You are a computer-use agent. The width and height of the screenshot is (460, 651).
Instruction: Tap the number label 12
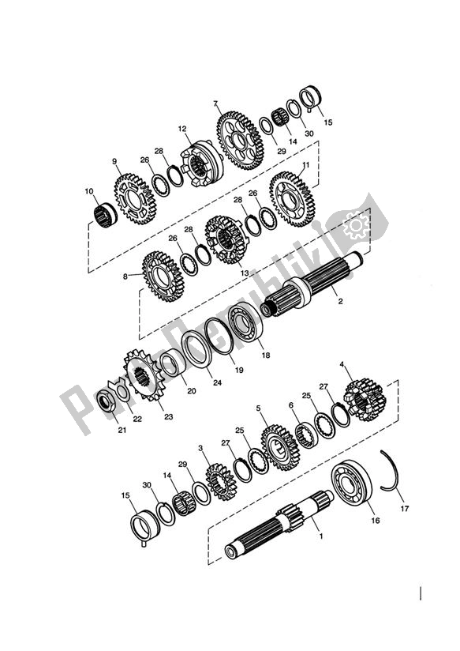(x=181, y=128)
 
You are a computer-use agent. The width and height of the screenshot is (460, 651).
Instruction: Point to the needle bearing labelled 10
(x=102, y=213)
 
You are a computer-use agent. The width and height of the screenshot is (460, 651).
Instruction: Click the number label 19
(x=239, y=368)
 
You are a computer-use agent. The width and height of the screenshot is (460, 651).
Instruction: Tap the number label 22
(x=137, y=419)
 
